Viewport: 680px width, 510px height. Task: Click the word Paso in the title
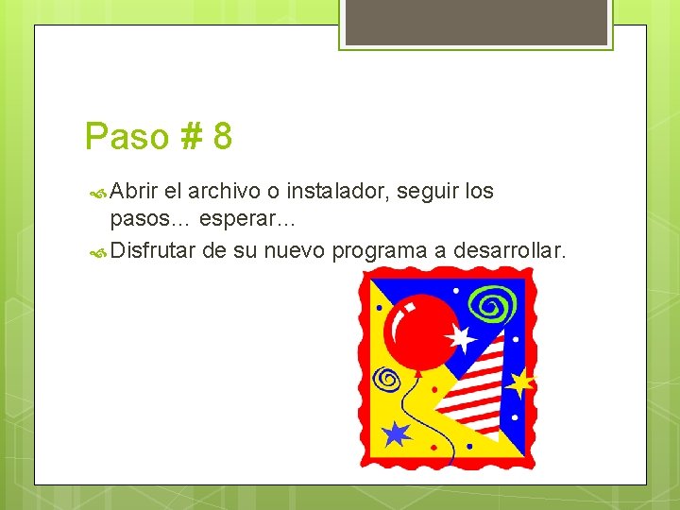point(123,137)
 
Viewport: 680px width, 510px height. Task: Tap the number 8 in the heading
point(223,137)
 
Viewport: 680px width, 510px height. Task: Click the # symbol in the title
point(189,137)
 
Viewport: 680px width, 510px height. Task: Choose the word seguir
point(429,192)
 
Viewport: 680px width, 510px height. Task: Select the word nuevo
point(293,251)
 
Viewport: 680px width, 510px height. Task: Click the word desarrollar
point(510,251)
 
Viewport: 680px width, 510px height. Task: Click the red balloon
point(421,327)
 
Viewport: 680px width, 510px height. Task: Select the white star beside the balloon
point(461,337)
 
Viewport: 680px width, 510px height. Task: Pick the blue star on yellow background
point(396,433)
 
